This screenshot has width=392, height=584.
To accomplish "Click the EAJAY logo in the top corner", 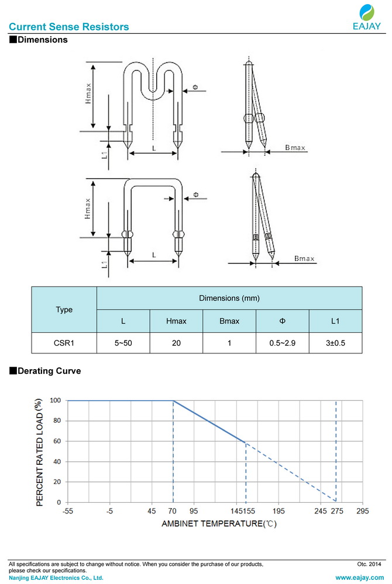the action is click(367, 17).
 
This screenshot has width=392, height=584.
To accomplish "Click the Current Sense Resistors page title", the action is click(69, 27).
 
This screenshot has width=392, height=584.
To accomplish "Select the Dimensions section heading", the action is click(39, 40).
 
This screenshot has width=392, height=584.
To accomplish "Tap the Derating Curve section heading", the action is click(45, 371).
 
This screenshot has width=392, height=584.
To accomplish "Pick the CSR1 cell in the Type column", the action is click(64, 343).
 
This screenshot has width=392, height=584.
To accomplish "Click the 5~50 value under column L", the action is click(123, 343).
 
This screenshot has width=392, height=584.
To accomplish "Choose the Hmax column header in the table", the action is click(177, 321).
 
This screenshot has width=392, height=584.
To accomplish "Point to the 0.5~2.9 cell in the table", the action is click(283, 343).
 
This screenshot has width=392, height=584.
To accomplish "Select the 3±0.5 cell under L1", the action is click(335, 343).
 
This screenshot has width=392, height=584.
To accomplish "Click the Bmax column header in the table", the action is click(229, 321).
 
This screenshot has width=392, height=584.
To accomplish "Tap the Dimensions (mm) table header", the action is click(229, 298).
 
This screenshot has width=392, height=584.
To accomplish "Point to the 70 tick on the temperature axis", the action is click(173, 511).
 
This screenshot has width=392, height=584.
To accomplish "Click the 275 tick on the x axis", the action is click(337, 511).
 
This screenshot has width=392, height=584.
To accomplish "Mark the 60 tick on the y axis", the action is click(57, 441).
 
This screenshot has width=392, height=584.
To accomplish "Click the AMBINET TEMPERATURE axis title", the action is click(219, 524).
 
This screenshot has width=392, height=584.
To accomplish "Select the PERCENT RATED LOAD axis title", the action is click(39, 452).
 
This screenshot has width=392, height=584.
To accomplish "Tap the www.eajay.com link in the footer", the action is click(360, 578).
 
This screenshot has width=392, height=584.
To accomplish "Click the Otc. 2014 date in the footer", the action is click(369, 564).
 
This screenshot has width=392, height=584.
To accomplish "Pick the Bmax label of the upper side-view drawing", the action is click(295, 148).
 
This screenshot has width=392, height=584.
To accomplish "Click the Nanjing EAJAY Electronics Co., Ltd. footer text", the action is click(56, 578).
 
